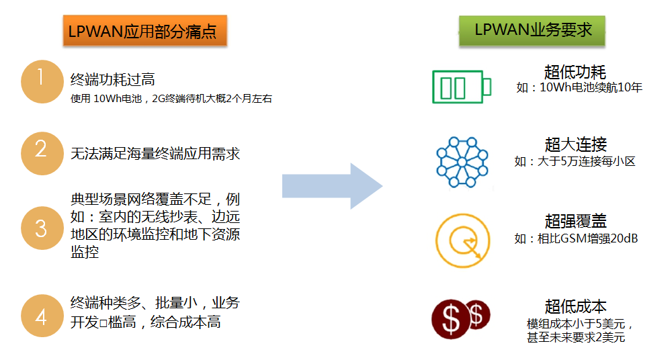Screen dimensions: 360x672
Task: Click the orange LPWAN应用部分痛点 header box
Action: click(143, 32)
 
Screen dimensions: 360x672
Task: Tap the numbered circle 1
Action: click(42, 81)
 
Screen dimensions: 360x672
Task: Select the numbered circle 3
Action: click(42, 228)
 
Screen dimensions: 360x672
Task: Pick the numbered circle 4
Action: click(42, 315)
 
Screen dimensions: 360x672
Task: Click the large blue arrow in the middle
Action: click(332, 185)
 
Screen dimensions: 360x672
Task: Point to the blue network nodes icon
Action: click(462, 162)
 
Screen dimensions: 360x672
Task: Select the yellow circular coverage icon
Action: click(462, 239)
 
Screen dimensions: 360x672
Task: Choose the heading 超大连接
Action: click(575, 144)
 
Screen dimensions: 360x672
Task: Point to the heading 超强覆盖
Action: click(575, 222)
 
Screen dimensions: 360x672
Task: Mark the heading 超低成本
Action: click(575, 307)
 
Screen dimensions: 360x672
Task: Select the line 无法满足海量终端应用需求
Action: click(155, 153)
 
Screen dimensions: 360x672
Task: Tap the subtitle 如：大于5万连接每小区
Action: click(575, 161)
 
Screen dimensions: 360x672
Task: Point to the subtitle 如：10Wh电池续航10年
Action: click(579, 87)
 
